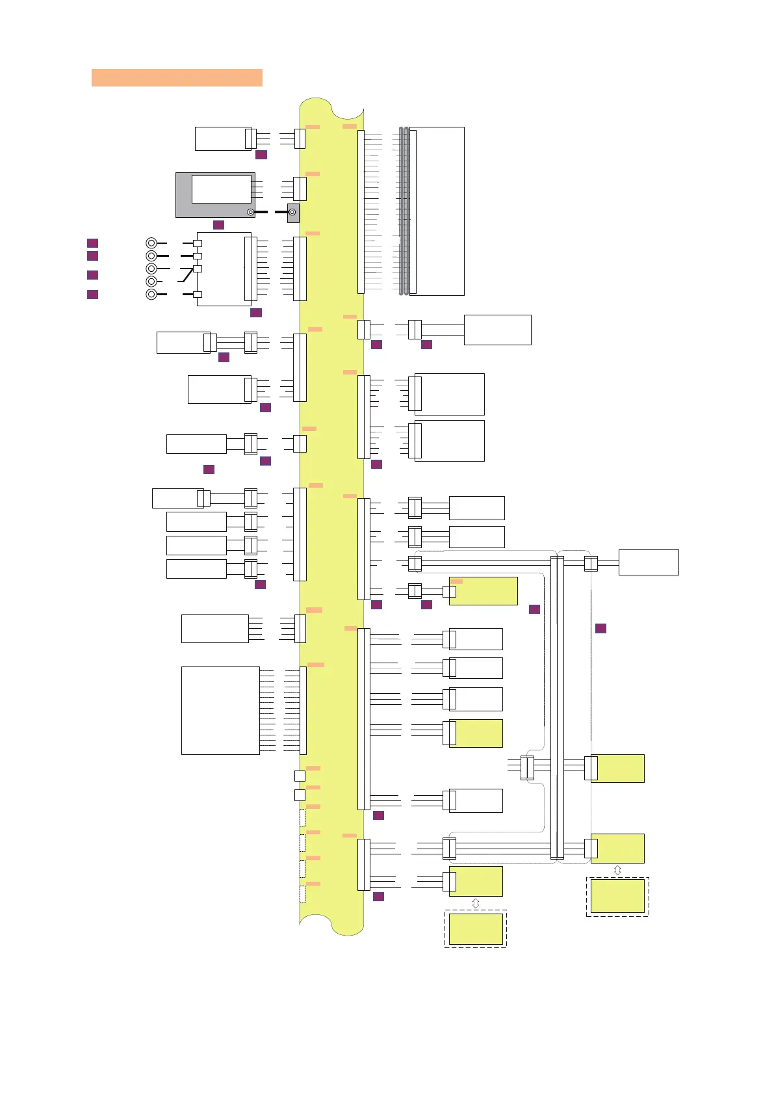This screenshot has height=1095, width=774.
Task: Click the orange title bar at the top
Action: (177, 77)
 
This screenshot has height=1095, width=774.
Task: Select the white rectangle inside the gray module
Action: (221, 189)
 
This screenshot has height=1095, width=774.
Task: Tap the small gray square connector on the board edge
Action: (293, 213)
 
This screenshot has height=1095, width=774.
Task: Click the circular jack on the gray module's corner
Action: (250, 212)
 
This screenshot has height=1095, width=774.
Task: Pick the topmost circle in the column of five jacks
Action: (151, 243)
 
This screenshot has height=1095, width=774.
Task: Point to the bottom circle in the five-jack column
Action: (151, 295)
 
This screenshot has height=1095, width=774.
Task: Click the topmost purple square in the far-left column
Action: (93, 243)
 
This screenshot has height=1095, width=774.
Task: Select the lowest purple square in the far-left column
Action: (93, 295)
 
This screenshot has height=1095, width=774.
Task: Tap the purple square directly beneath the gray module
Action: (218, 225)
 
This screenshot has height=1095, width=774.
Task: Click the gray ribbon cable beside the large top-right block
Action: (404, 211)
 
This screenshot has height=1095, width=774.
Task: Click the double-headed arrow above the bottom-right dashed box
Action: (617, 870)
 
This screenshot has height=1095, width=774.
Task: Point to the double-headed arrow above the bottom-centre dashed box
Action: (476, 903)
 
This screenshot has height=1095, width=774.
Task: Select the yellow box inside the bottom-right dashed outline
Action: (617, 896)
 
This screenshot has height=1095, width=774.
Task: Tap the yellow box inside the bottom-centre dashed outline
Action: (476, 929)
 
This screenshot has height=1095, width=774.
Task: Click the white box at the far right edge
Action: (649, 562)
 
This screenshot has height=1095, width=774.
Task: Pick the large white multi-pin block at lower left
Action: (220, 710)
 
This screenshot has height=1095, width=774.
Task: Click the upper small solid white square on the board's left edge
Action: (300, 776)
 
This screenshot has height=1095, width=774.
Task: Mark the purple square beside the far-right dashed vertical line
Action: (601, 628)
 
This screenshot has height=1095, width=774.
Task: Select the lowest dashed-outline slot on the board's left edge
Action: (302, 894)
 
